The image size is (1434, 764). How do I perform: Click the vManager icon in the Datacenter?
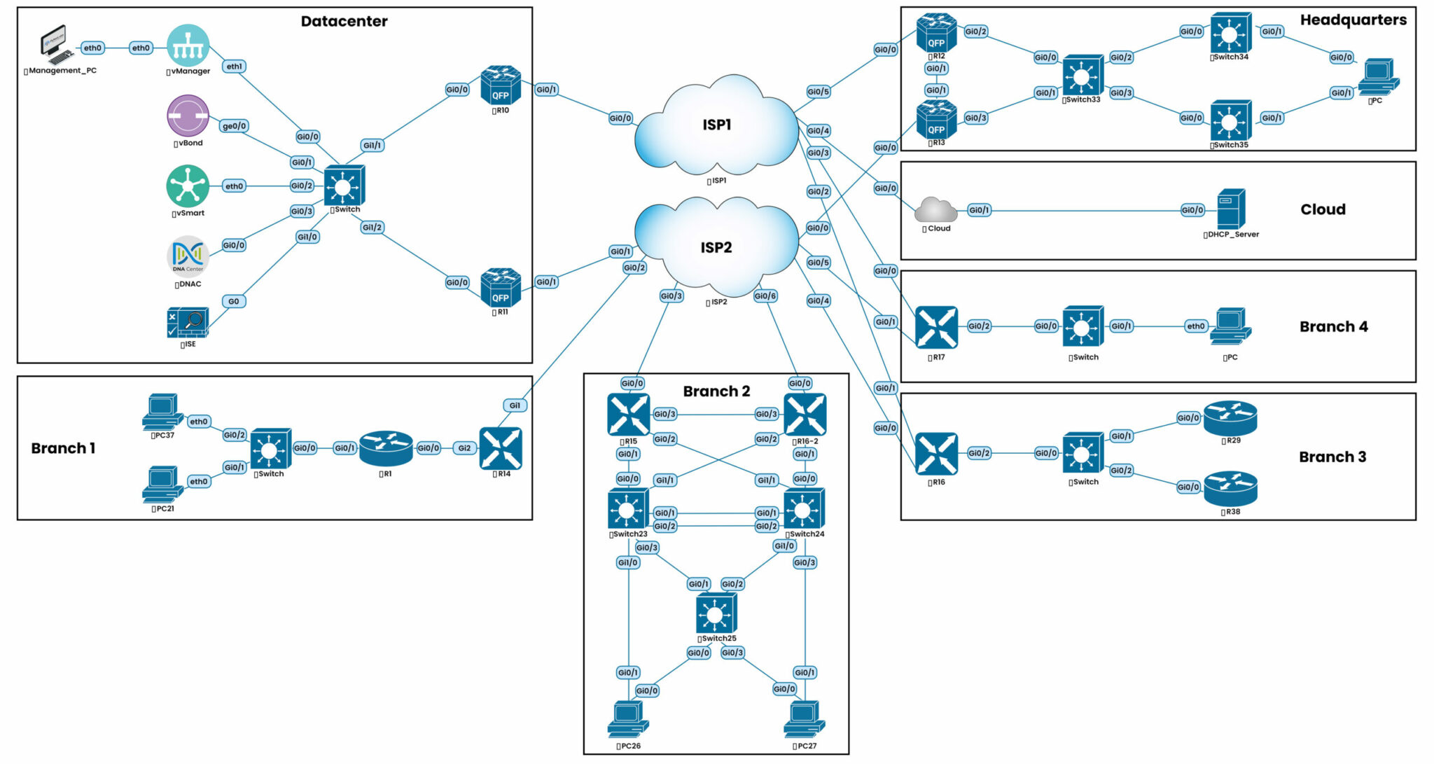pyautogui.click(x=188, y=45)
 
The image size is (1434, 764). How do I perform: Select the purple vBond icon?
pyautogui.click(x=188, y=116)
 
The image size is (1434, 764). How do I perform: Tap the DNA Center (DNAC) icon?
pyautogui.click(x=188, y=256)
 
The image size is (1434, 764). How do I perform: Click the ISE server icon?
pyautogui.click(x=188, y=323)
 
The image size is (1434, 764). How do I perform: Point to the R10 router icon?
pyautogui.click(x=501, y=85)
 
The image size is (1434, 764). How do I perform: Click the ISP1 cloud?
pyautogui.click(x=716, y=126)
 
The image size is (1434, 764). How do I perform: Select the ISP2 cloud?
pyautogui.click(x=716, y=248)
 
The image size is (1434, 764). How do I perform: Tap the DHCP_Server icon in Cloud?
pyautogui.click(x=1231, y=209)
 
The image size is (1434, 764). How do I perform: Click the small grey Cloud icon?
pyautogui.click(x=936, y=209)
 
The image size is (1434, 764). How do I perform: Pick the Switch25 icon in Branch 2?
pyautogui.click(x=716, y=613)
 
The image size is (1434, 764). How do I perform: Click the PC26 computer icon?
pyautogui.click(x=628, y=719)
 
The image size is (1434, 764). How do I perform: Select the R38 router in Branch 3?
pyautogui.click(x=1230, y=488)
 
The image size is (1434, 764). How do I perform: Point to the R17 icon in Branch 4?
pyautogui.click(x=936, y=327)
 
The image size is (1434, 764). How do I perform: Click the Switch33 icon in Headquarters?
pyautogui.click(x=1082, y=75)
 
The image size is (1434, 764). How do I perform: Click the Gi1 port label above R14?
pyautogui.click(x=515, y=405)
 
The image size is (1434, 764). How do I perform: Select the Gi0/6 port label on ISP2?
pyautogui.click(x=765, y=296)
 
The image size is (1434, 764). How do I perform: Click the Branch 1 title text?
pyautogui.click(x=63, y=448)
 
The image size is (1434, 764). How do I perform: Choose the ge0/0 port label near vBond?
pyautogui.click(x=234, y=126)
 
